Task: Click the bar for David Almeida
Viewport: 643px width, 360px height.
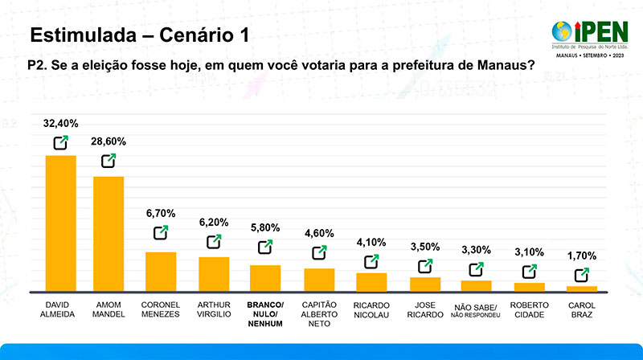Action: [x=60, y=223]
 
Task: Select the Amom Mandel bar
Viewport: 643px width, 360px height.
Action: [x=109, y=233]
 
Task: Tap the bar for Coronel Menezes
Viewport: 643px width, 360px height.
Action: [x=160, y=271]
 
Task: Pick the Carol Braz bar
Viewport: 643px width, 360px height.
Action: [x=581, y=288]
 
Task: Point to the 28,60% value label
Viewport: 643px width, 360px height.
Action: [x=109, y=141]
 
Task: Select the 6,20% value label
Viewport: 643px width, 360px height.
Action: [x=214, y=222]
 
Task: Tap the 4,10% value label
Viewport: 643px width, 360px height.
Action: [x=371, y=242]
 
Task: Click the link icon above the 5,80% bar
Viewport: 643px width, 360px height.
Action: [x=265, y=247]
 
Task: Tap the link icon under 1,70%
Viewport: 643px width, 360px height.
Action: [x=581, y=275]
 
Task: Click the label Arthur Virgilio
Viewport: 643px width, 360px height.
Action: [x=214, y=309]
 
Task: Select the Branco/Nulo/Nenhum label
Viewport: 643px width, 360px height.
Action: [x=265, y=314]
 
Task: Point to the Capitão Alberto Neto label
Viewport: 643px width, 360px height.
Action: [x=318, y=314]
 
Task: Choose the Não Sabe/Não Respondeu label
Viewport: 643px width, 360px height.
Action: [x=476, y=309]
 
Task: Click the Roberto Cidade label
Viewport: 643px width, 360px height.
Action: [x=529, y=309]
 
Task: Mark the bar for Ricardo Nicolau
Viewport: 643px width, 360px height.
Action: [x=371, y=282]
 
